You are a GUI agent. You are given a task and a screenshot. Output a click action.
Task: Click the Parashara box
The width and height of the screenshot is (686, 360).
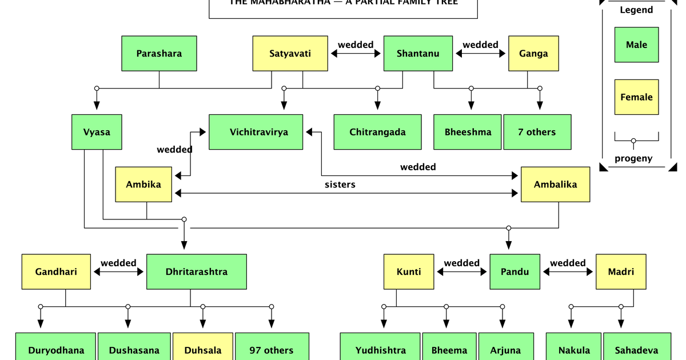click(x=159, y=54)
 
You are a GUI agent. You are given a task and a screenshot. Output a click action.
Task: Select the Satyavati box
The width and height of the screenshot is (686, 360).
click(x=290, y=54)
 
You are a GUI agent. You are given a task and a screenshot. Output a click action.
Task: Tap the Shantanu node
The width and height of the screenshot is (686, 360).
click(x=418, y=54)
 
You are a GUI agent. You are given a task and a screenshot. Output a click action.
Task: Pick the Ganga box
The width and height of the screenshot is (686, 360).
click(x=533, y=54)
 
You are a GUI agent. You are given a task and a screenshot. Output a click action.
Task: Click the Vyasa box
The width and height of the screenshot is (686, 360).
click(x=97, y=132)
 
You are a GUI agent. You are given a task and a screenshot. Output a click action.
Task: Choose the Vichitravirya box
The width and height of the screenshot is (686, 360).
click(x=258, y=132)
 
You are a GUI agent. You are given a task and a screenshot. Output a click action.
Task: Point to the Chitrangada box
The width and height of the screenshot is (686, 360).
click(x=377, y=132)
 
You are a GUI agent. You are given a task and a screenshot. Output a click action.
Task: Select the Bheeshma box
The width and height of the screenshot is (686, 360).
click(x=468, y=132)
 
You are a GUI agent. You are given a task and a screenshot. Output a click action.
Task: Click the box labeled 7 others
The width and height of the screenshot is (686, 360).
click(x=537, y=132)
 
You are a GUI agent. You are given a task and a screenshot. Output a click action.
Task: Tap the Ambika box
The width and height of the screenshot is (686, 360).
click(x=143, y=185)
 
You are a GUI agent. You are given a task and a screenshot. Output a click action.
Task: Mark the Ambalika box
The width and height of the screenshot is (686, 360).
click(x=555, y=185)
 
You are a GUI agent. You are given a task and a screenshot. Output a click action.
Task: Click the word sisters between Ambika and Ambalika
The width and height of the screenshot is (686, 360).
click(x=340, y=185)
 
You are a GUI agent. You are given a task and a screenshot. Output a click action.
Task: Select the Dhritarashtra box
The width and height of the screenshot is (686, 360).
click(x=197, y=272)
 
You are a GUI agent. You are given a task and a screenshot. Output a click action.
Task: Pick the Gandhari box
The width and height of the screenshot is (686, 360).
click(x=56, y=272)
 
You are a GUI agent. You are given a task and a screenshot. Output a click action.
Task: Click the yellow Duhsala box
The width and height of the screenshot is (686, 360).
click(x=202, y=349)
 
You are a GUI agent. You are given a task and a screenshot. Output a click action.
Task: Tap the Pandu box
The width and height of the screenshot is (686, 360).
click(x=514, y=272)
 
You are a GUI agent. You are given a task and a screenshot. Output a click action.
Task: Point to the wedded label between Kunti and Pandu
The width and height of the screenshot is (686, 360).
click(x=461, y=263)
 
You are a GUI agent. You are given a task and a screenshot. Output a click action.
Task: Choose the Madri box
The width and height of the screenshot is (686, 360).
click(x=621, y=272)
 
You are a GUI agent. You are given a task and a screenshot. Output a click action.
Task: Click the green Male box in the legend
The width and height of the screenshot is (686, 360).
click(x=636, y=45)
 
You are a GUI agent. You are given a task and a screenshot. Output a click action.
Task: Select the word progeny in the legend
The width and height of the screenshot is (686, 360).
click(x=633, y=159)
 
